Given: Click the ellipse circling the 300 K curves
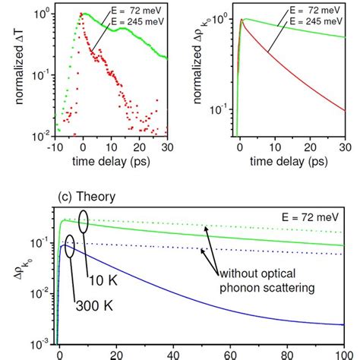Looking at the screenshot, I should pos(68,247).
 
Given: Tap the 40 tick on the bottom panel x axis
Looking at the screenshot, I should pos(172,353).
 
